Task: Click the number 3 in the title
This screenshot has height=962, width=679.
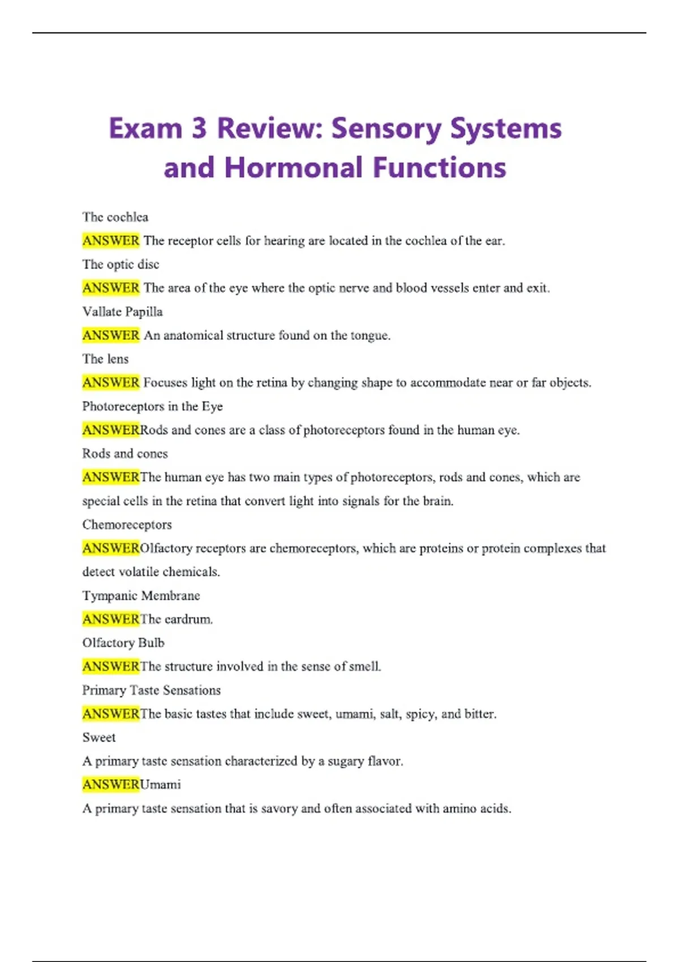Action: point(199,128)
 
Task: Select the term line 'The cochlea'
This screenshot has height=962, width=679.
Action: point(115,217)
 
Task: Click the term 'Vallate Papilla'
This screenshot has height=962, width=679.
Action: point(122,312)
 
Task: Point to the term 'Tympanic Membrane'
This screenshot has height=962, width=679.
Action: point(141,596)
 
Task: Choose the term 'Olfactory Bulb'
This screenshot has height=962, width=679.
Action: point(123,643)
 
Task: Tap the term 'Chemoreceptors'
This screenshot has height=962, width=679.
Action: point(127,525)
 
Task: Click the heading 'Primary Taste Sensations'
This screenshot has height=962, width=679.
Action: point(151,690)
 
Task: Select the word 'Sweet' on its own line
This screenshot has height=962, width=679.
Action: point(99,737)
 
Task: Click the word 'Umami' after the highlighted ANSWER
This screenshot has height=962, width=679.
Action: point(161,785)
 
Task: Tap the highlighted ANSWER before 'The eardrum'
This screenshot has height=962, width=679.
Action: point(111,619)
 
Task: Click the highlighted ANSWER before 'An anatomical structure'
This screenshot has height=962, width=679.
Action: point(111,336)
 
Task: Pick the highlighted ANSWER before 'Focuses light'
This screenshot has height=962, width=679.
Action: point(111,383)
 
